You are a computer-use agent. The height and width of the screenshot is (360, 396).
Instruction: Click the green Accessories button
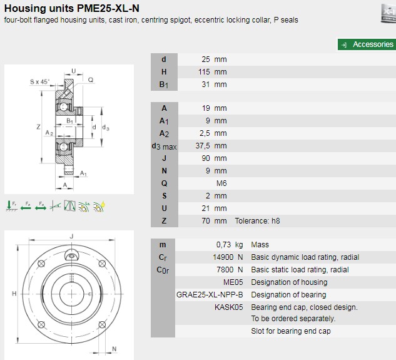[367, 44]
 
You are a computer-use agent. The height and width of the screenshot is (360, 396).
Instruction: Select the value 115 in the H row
[205, 72]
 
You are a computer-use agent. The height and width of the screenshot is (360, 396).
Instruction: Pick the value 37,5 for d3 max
[202, 146]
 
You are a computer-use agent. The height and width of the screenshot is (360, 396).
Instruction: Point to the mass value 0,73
[224, 245]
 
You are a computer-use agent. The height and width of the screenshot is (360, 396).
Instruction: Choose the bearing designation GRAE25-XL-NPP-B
[210, 295]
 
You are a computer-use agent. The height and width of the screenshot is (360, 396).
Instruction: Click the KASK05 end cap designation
[229, 307]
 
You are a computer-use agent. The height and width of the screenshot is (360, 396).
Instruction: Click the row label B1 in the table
[163, 85]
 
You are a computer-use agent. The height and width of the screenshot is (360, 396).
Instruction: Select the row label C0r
[163, 270]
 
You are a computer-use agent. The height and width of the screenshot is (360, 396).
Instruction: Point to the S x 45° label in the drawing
[39, 81]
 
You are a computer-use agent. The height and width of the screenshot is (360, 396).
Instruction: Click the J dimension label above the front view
[72, 236]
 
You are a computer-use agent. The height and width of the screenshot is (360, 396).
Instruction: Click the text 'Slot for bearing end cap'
[291, 331]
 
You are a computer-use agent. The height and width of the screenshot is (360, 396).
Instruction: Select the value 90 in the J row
[205, 158]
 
